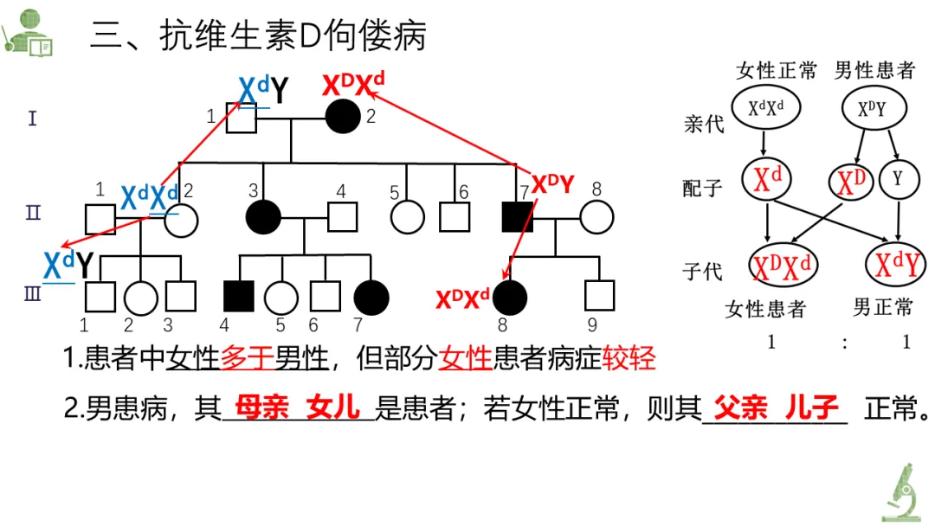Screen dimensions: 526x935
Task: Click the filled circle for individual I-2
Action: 343,116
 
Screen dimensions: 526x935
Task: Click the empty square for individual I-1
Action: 242,117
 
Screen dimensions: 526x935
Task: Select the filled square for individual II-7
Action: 518,216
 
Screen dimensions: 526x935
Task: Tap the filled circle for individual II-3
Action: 262,216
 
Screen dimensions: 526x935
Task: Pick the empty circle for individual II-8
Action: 596,216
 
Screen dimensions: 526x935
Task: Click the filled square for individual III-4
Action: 239,296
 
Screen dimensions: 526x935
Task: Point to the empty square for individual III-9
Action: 598,296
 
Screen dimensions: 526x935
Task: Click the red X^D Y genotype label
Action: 552,183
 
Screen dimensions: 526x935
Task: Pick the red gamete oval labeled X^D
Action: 850,182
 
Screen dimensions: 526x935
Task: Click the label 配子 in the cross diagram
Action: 702,188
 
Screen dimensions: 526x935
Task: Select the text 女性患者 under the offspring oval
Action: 765,308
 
